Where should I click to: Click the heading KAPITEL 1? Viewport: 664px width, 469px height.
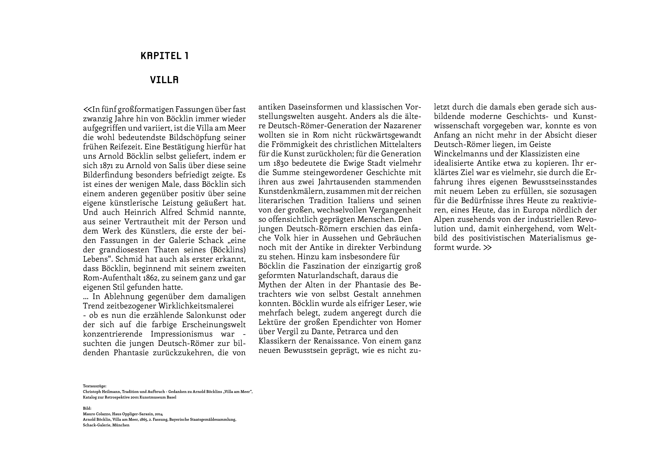(x=164, y=56)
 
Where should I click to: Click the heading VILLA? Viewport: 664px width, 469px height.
(x=164, y=80)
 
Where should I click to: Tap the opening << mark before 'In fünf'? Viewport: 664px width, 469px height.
(x=87, y=109)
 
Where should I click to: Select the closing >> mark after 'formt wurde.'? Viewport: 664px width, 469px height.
(x=487, y=248)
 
